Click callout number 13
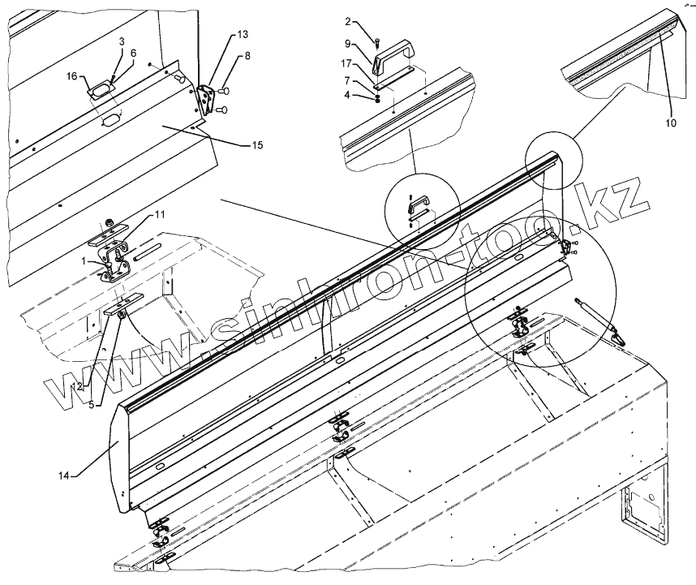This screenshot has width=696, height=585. coord(243,35)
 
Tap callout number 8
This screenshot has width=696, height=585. coord(247,56)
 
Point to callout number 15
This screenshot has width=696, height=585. coord(257,145)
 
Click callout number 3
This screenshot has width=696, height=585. coord(122,41)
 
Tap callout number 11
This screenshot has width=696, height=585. coord(160,214)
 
